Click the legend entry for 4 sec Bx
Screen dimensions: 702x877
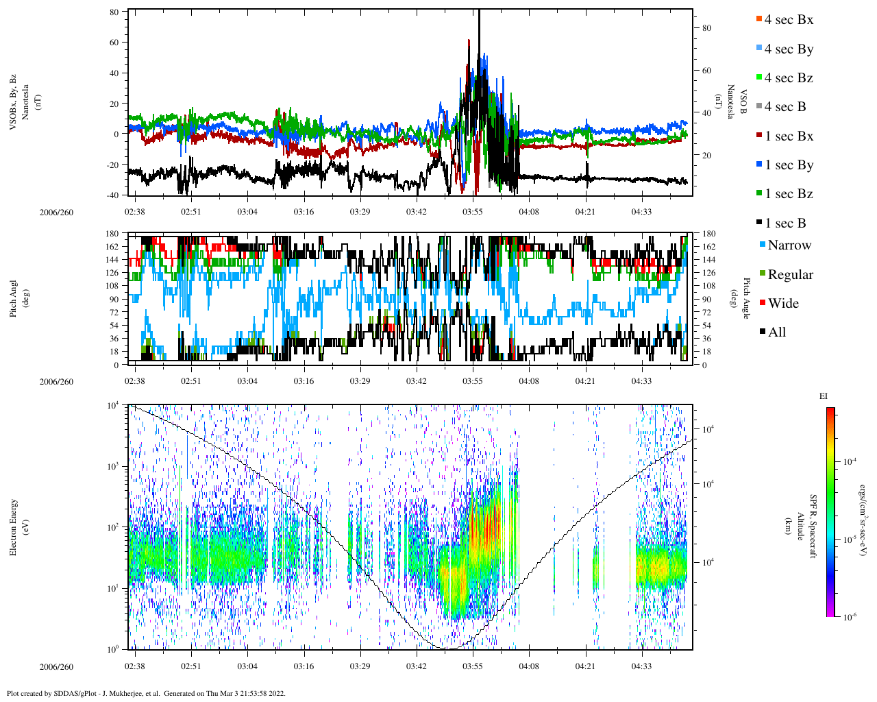tap(789, 20)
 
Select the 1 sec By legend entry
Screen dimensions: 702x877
tap(789, 165)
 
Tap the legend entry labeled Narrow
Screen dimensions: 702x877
tap(789, 245)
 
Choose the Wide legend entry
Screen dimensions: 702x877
tap(782, 304)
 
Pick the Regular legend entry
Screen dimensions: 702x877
tap(790, 275)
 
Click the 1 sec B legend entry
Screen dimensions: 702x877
tap(785, 223)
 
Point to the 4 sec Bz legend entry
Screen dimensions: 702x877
tap(789, 78)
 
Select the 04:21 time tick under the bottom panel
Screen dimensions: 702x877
tap(585, 666)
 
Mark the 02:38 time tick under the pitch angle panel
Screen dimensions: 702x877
tap(135, 381)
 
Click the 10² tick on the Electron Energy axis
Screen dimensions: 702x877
tap(113, 527)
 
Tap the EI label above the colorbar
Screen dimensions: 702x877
tap(824, 396)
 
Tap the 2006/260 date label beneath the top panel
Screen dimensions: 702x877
tap(56, 213)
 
